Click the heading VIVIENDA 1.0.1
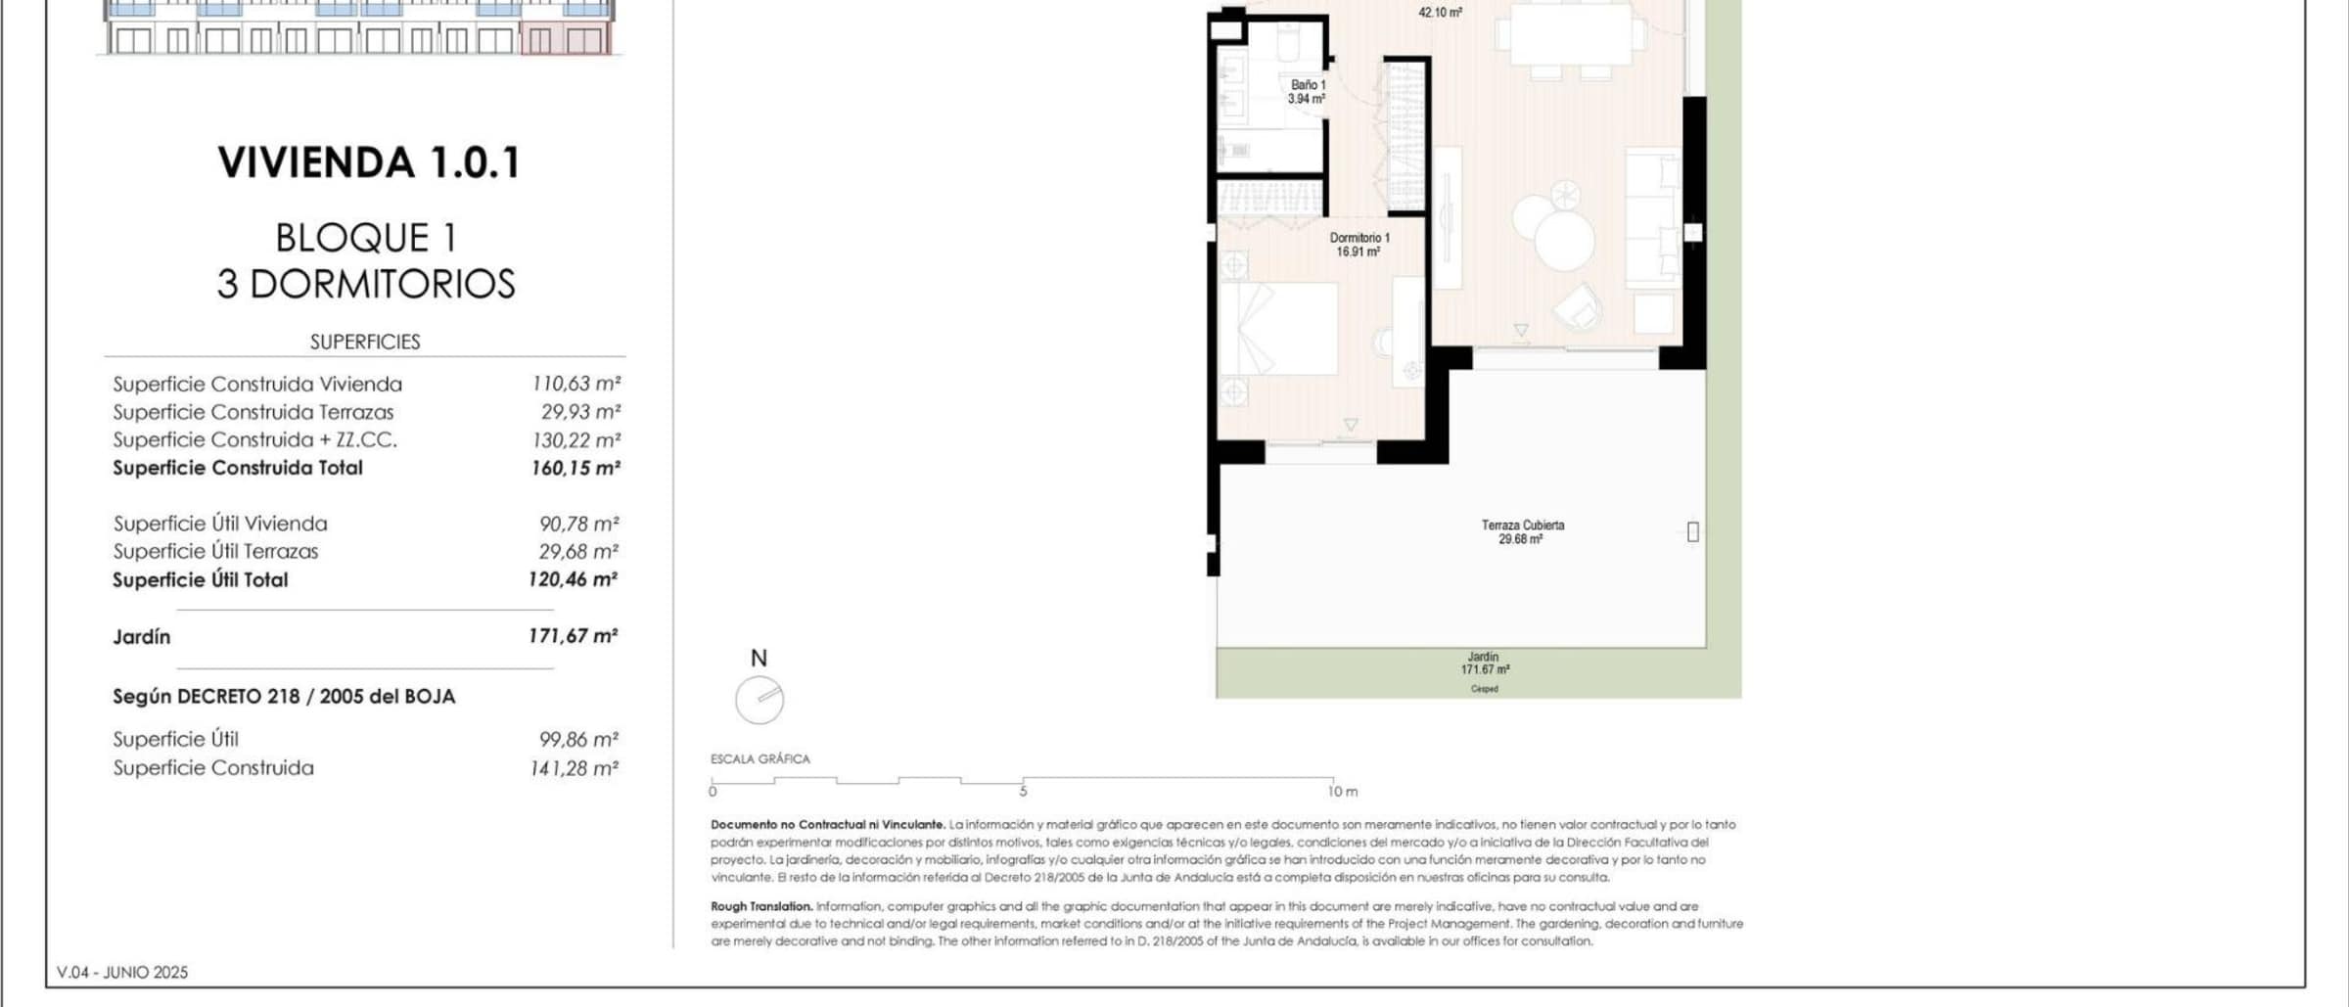point(369,162)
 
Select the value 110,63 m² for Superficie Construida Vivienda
point(576,384)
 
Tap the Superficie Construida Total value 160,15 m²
point(576,468)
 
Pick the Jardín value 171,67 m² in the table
point(574,636)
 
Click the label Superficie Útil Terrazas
point(215,551)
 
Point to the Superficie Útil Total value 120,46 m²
point(574,579)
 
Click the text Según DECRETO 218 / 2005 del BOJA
point(284,697)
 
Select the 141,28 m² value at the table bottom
point(575,768)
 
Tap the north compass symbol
point(760,700)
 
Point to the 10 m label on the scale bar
point(1343,791)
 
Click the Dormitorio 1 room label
point(1359,245)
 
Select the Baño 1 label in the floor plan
point(1307,92)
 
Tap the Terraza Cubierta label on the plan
point(1522,532)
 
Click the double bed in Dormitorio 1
point(1278,329)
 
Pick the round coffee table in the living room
point(1564,241)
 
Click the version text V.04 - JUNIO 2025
point(122,972)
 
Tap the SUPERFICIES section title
point(365,342)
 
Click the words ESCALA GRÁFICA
point(760,758)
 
